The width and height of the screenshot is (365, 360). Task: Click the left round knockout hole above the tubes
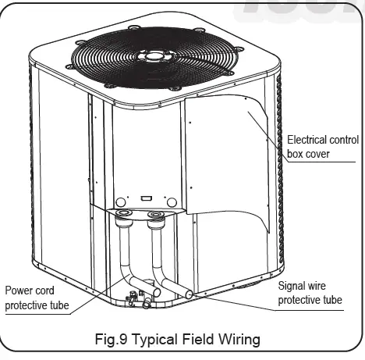pos(122,201)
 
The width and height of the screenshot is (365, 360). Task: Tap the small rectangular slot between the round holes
pos(145,199)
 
